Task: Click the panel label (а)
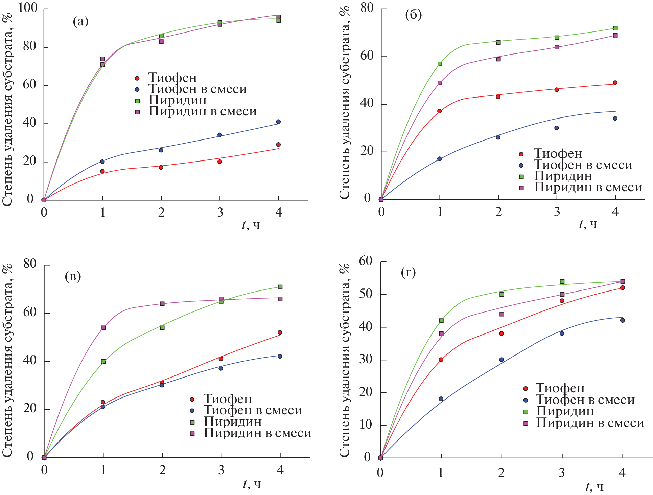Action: click(x=80, y=22)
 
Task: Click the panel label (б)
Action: click(x=413, y=15)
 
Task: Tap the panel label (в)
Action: click(x=73, y=277)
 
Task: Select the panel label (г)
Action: click(x=408, y=272)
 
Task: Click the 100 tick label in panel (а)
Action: click(x=27, y=8)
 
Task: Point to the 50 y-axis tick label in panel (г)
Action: click(x=366, y=294)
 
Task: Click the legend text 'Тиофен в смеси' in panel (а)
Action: click(x=197, y=89)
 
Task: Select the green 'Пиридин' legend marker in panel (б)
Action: click(x=521, y=176)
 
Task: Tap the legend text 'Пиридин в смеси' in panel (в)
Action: click(x=257, y=433)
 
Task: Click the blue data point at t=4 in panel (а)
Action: click(x=278, y=122)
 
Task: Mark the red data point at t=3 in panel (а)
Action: click(x=220, y=162)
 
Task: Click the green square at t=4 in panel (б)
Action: click(x=615, y=28)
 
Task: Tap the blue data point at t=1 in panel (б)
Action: click(x=440, y=159)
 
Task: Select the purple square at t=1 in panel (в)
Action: click(x=103, y=328)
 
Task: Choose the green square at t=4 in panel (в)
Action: click(x=280, y=287)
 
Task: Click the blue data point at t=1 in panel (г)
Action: click(x=441, y=399)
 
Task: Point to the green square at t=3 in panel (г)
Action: click(x=562, y=281)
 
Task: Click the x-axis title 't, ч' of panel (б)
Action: click(x=588, y=224)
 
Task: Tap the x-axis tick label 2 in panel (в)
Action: click(x=162, y=470)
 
